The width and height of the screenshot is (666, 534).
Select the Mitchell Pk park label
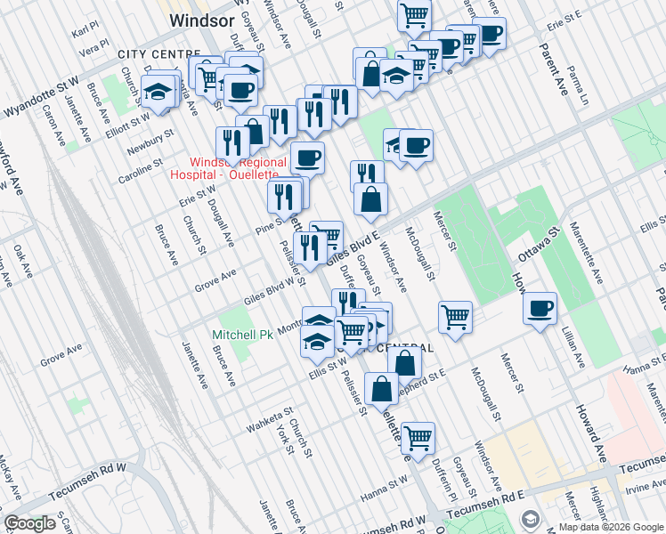coord(238,336)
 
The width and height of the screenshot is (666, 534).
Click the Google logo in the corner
coord(31,523)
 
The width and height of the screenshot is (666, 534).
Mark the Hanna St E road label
coord(644,368)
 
